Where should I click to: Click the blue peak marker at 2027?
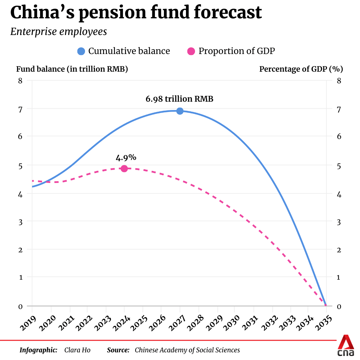tap(180, 111)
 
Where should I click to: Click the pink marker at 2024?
tap(124, 168)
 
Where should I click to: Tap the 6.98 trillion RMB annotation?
tap(179, 99)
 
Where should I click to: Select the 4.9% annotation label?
tap(124, 157)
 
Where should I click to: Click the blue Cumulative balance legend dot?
tap(81, 51)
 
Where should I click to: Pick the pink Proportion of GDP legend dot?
tap(191, 51)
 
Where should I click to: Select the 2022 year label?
tap(82, 322)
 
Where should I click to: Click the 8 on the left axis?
tap(20, 80)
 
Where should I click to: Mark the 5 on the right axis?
tap(339, 166)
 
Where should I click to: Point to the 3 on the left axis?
tap(20, 221)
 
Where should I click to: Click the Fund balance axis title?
tap(72, 69)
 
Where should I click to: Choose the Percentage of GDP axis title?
tap(301, 69)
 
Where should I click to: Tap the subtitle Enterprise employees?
tap(59, 32)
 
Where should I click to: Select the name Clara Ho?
tap(77, 350)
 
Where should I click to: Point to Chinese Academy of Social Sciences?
tap(187, 350)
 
